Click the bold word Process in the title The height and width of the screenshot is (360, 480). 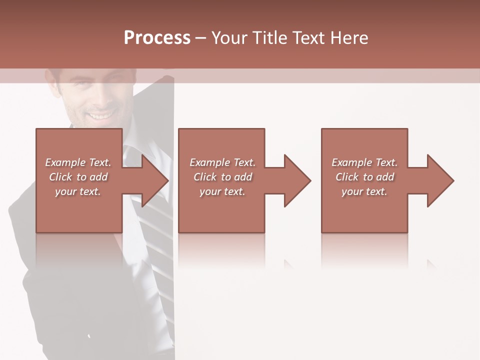pos(157,38)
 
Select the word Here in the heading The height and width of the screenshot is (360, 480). pos(348,38)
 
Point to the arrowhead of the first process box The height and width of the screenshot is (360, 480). pos(152,180)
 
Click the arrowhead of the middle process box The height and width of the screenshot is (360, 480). pos(295,180)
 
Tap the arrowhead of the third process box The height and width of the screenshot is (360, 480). pos(438,180)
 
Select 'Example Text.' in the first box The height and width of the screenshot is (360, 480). pos(78,162)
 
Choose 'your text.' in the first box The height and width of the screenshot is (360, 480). pos(78,191)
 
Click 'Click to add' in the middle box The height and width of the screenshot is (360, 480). pos(222,177)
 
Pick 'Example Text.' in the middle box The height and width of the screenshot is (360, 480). pos(222,162)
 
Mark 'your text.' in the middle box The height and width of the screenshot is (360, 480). pos(222,191)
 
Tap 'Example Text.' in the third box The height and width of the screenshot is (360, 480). pos(364,162)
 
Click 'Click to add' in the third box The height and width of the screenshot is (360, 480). pos(364,177)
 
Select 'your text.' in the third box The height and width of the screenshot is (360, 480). pos(364,191)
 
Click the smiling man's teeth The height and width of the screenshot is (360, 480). pos(100,116)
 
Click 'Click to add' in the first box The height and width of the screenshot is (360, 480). pos(78,177)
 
